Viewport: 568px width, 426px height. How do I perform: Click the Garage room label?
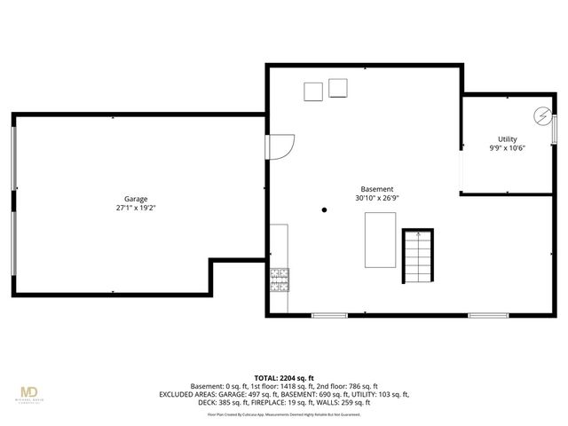point(136,199)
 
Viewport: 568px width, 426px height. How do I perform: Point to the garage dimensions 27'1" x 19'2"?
point(136,208)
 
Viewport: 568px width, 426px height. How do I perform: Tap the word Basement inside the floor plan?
point(376,189)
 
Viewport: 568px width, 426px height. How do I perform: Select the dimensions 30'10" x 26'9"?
point(376,199)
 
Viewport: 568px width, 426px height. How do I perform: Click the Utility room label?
point(507,139)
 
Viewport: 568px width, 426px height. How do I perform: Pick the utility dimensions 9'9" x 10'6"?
point(507,148)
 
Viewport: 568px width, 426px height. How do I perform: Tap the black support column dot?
point(325,210)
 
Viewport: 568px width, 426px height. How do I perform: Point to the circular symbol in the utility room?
point(540,115)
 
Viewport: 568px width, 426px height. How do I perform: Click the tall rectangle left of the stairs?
point(380,240)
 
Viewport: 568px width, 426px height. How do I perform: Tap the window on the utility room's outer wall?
point(554,127)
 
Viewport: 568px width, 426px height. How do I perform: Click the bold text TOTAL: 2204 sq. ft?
point(284,378)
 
